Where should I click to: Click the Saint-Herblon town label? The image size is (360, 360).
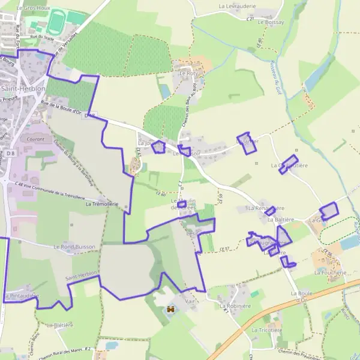pyautogui.click(x=23, y=88)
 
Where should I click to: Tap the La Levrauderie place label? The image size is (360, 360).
pyautogui.click(x=238, y=6)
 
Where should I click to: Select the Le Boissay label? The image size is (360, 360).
pyautogui.click(x=270, y=22)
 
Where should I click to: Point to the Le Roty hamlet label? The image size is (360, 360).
pyautogui.click(x=188, y=73)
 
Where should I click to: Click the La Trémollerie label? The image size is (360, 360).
pyautogui.click(x=103, y=204)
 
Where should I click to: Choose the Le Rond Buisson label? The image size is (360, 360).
pyautogui.click(x=74, y=247)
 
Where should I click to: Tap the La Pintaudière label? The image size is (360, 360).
pyautogui.click(x=22, y=296)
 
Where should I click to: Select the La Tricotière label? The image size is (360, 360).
pyautogui.click(x=266, y=330)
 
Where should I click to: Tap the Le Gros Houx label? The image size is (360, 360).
pyautogui.click(x=34, y=8)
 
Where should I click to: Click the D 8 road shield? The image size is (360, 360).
pyautogui.click(x=11, y=154)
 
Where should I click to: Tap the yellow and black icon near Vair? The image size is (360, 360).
pyautogui.click(x=170, y=310)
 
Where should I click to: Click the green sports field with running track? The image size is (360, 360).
pyautogui.click(x=56, y=23)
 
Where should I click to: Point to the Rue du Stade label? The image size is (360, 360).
pyautogui.click(x=46, y=37)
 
